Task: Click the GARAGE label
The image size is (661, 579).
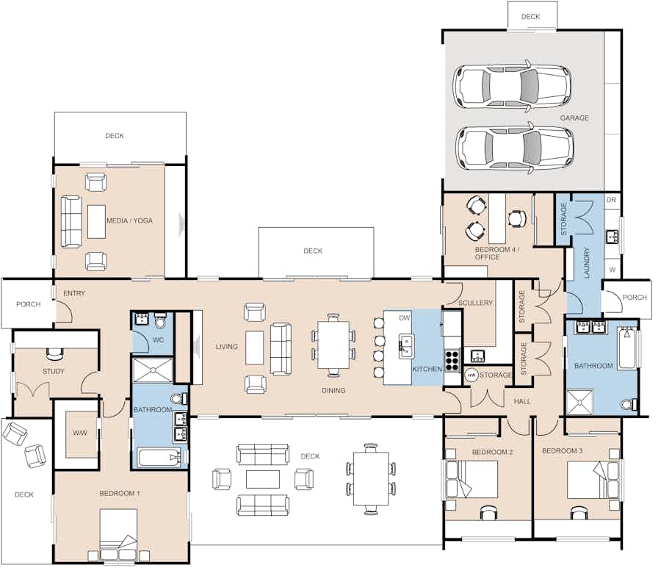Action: (x=574, y=118)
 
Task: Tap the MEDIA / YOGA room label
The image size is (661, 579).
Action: (x=129, y=220)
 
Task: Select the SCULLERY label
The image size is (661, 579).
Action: (x=475, y=303)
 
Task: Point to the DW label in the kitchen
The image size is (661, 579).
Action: (x=404, y=318)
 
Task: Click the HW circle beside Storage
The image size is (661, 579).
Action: (x=472, y=375)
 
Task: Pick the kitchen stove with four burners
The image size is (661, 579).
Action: (x=452, y=361)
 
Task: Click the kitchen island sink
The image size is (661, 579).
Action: (x=406, y=347)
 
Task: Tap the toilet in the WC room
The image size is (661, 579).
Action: (x=160, y=321)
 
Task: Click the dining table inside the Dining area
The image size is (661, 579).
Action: (x=333, y=345)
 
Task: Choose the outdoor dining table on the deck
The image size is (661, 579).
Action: (x=371, y=478)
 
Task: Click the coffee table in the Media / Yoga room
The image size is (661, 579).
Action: (x=96, y=221)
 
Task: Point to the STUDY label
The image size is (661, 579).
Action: (x=53, y=372)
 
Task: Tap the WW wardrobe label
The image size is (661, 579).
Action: (x=79, y=433)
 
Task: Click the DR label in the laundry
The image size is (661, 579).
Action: (x=611, y=200)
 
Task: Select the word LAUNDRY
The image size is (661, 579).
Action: (x=586, y=263)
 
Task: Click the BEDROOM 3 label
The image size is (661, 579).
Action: (x=562, y=451)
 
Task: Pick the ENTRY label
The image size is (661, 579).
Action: (x=74, y=293)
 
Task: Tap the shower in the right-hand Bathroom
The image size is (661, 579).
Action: (x=580, y=402)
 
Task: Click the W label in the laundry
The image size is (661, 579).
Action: (x=612, y=270)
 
